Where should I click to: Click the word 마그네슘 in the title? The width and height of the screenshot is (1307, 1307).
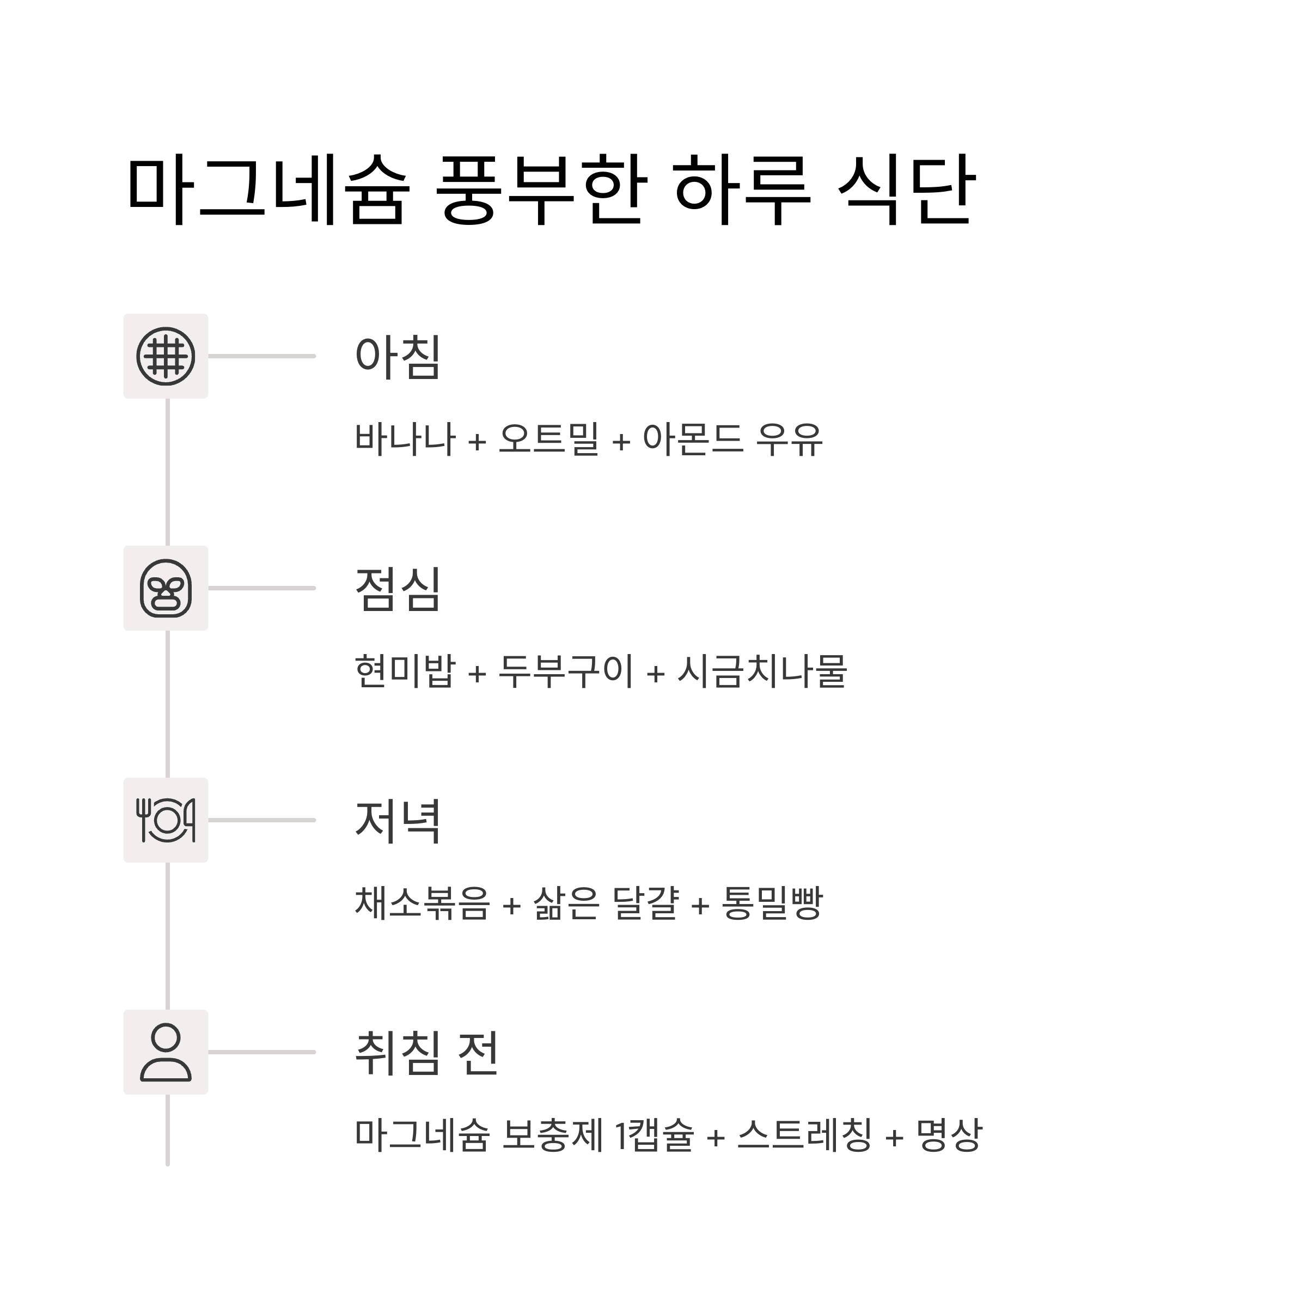click(x=268, y=190)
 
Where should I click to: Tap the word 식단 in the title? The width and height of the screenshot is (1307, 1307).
click(x=907, y=190)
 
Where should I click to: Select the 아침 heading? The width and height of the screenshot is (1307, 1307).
click(x=398, y=357)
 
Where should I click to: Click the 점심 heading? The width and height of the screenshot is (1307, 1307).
click(x=398, y=589)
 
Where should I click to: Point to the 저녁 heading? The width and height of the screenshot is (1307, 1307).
click(x=398, y=821)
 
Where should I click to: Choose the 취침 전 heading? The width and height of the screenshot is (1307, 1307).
click(x=427, y=1053)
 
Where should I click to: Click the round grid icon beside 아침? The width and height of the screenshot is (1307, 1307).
click(x=166, y=357)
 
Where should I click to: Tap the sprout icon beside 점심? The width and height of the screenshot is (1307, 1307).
click(x=166, y=589)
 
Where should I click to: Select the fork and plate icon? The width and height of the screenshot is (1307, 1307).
click(x=166, y=821)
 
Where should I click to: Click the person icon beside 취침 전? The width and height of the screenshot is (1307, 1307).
click(x=166, y=1053)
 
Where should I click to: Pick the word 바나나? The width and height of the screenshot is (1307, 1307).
click(x=405, y=438)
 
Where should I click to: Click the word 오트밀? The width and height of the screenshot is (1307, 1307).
click(x=548, y=438)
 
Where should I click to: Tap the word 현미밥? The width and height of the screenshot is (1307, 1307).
click(x=405, y=671)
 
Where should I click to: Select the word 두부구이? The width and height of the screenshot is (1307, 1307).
click(x=566, y=671)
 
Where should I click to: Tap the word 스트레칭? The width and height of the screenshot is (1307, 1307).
click(x=804, y=1135)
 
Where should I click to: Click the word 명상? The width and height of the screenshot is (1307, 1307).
click(x=949, y=1135)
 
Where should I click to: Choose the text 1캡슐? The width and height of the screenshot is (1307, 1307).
click(x=654, y=1135)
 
